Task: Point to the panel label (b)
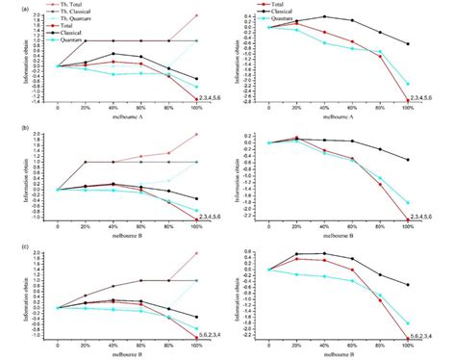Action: pyautogui.click(x=8, y=126)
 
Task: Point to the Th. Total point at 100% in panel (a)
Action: pyautogui.click(x=197, y=15)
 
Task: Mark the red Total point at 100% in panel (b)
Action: pyautogui.click(x=197, y=219)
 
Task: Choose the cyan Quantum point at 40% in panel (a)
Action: pyautogui.click(x=114, y=74)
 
